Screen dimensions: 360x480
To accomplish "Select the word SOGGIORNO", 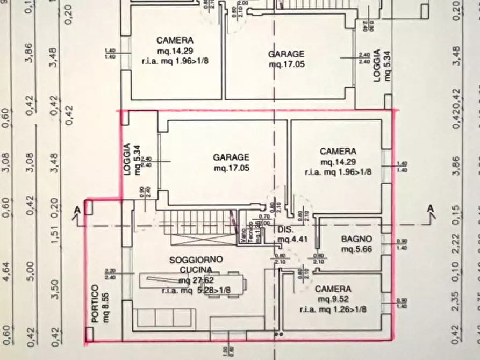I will point(196,260).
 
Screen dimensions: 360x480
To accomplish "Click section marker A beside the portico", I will point(78,208).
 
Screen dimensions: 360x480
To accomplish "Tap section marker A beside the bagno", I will point(430,208).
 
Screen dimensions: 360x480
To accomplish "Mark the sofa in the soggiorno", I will point(164,318).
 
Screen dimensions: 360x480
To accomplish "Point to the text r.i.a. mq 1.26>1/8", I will point(334,309).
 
